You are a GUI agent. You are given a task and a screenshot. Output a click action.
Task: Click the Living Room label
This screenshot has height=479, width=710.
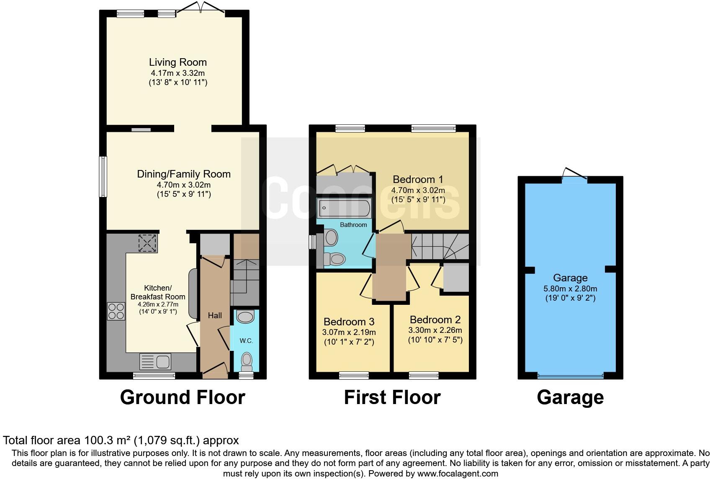(x=178, y=62)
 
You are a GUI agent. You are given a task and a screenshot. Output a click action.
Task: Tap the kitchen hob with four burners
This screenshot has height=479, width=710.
(x=116, y=311)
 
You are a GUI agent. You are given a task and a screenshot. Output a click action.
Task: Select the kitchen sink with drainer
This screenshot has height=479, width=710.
(x=155, y=361)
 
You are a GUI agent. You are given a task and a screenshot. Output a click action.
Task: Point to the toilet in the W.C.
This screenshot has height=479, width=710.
(x=247, y=361)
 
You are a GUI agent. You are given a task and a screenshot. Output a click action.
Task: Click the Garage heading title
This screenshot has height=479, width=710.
(x=570, y=397)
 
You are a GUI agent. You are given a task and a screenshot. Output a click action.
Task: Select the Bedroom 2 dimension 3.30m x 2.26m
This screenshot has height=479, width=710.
(x=435, y=330)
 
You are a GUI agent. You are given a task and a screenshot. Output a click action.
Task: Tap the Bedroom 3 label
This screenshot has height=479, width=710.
(x=349, y=322)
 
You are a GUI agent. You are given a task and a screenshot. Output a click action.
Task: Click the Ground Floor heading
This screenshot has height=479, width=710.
(x=182, y=397)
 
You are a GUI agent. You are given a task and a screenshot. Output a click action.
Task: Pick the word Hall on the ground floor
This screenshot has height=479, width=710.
(x=215, y=315)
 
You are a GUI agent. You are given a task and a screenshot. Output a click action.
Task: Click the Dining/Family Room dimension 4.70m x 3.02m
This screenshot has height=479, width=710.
(x=183, y=185)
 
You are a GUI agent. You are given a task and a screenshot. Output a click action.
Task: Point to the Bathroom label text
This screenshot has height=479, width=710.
(x=353, y=225)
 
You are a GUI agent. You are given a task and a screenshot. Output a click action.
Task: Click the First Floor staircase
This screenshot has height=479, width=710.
(x=440, y=247)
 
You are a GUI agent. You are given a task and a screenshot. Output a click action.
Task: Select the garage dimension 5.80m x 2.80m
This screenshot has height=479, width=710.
(x=570, y=288)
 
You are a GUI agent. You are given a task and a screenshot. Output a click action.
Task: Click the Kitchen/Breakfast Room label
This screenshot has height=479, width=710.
(x=157, y=292)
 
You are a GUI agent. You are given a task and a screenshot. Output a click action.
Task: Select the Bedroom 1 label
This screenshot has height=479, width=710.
(x=417, y=179)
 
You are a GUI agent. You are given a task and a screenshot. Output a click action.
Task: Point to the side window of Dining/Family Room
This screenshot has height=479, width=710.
(x=103, y=176)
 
